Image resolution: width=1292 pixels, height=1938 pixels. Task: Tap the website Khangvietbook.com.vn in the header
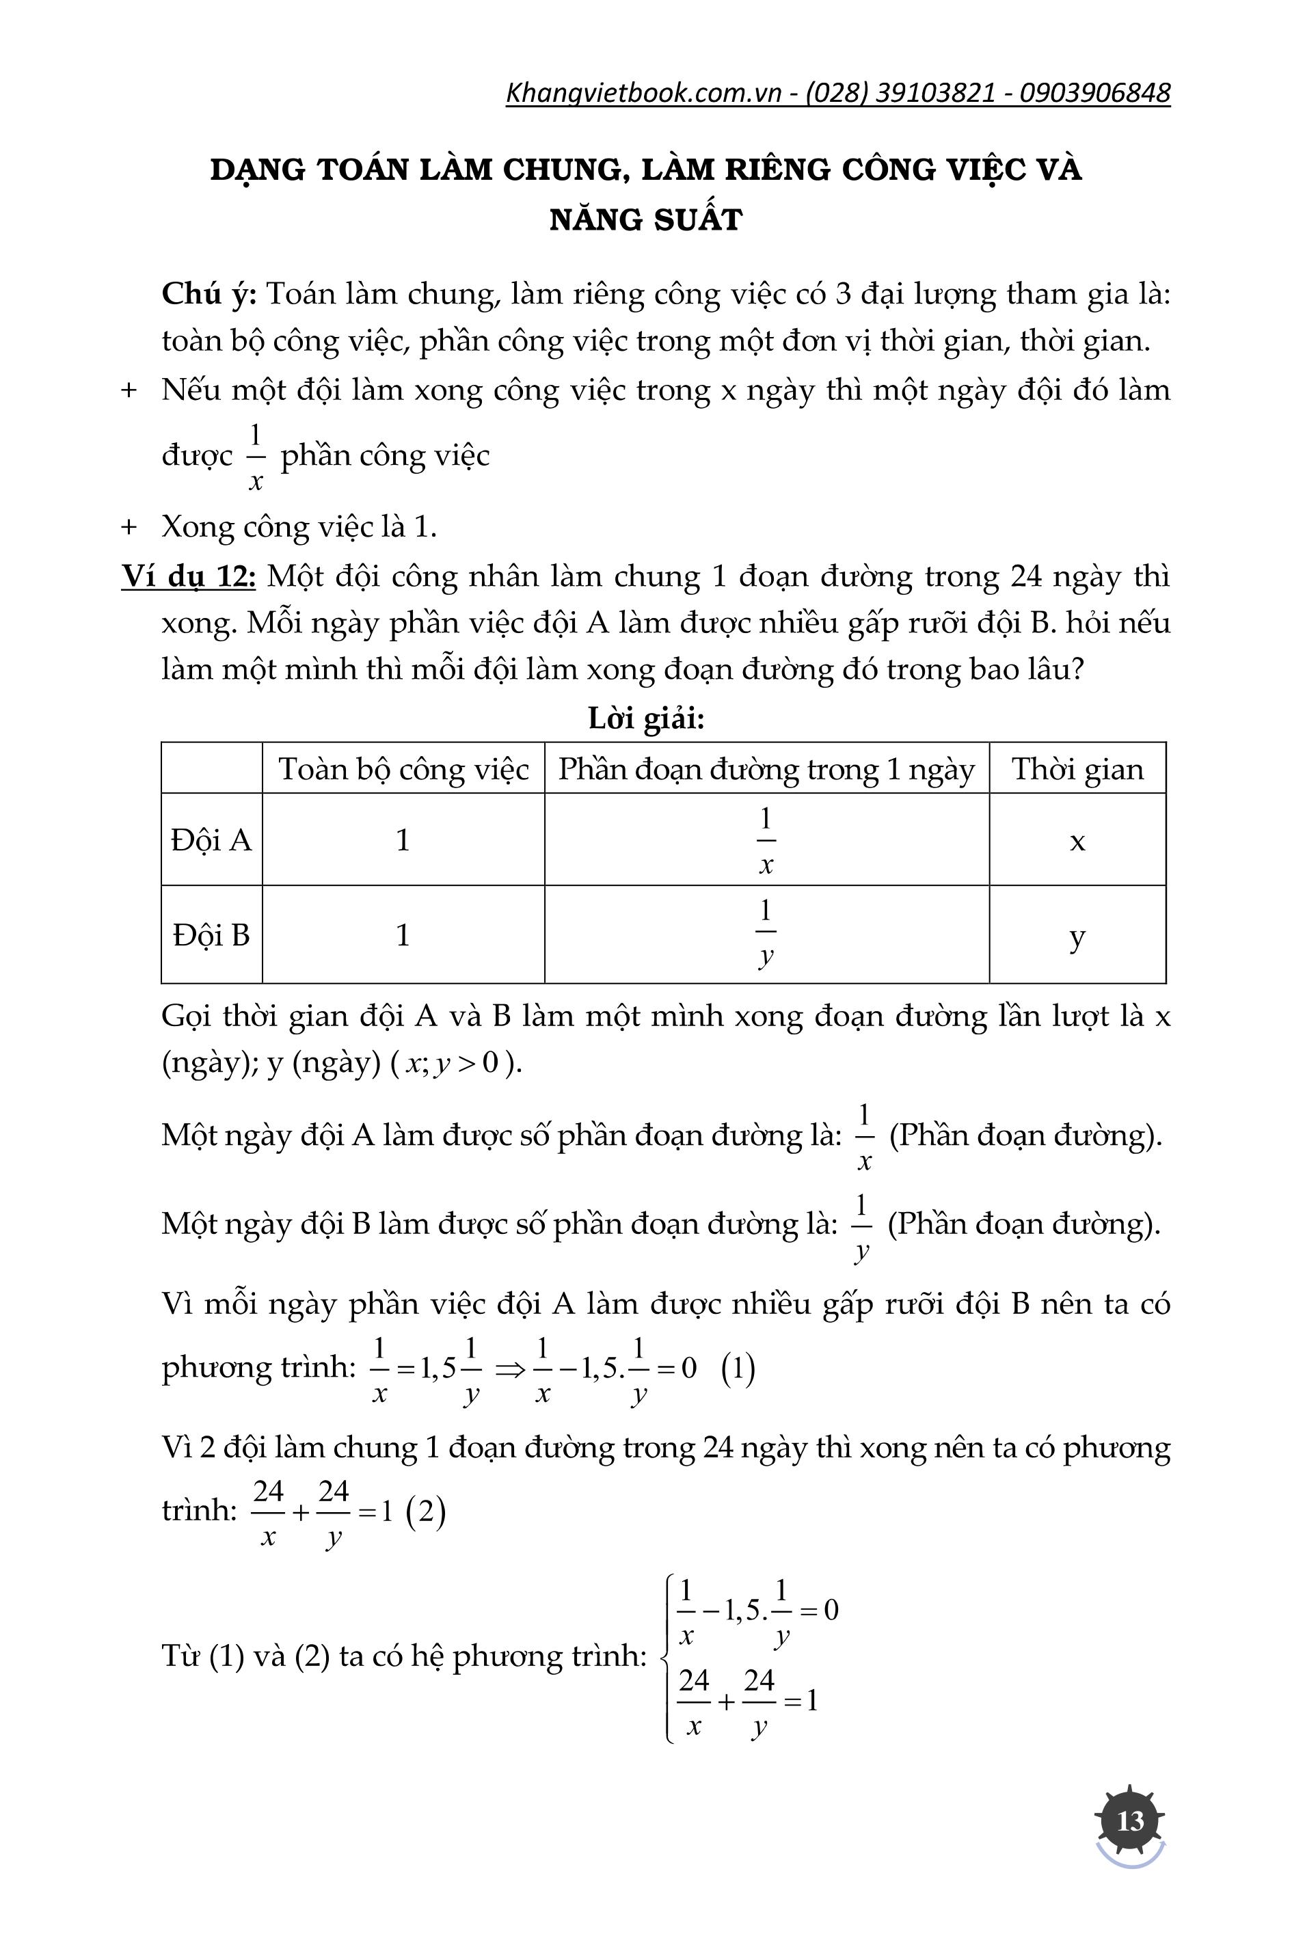point(643,92)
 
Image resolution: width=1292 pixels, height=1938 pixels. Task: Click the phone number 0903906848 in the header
point(1094,92)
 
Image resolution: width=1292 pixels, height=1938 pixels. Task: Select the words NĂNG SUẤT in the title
point(646,220)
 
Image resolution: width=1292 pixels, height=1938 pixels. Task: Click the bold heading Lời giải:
point(646,718)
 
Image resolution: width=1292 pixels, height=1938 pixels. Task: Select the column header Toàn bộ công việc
point(403,769)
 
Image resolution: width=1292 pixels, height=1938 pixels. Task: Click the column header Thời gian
point(1077,769)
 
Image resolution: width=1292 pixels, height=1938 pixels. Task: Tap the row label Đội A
point(211,840)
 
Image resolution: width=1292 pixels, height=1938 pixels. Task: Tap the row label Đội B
point(211,935)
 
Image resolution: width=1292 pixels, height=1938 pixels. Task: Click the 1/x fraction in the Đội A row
point(766,840)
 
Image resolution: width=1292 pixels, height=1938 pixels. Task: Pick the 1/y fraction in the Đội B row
point(766,934)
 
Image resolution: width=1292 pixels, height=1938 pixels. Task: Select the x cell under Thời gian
point(1077,842)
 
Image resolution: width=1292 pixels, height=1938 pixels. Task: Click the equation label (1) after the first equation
point(738,1369)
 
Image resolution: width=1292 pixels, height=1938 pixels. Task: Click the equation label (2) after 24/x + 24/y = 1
point(426,1511)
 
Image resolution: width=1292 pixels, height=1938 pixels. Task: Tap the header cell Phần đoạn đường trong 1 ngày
point(766,769)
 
